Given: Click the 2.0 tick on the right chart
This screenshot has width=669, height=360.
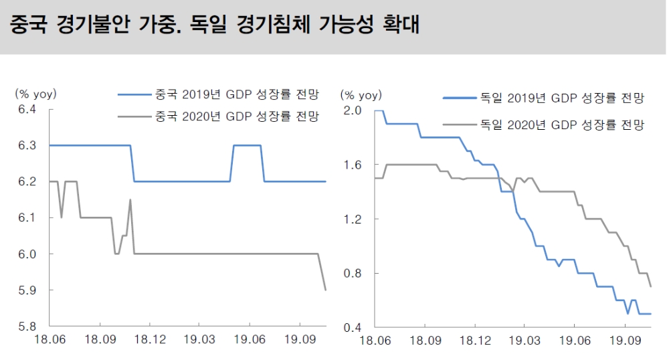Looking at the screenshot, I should click(x=352, y=110).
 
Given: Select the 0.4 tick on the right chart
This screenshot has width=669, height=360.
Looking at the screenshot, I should click(x=352, y=327).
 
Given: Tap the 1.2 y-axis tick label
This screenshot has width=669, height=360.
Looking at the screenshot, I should click(x=352, y=219).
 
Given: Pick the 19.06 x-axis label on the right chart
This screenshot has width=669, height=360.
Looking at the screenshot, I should click(x=573, y=341).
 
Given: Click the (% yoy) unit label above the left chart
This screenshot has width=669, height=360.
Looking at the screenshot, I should click(x=36, y=93).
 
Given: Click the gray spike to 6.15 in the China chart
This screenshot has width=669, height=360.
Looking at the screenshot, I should click(x=130, y=200).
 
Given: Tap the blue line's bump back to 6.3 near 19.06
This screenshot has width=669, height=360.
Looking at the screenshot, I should click(x=246, y=145).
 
